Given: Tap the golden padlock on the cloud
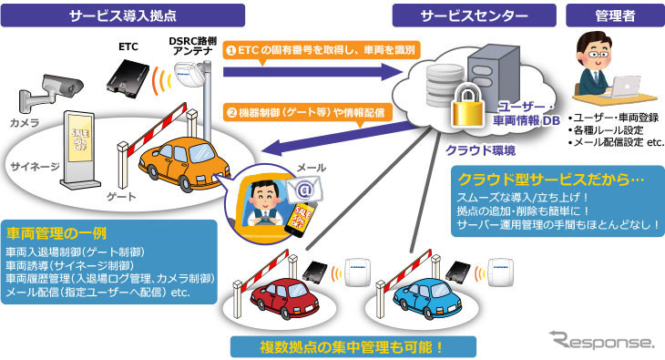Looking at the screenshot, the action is coord(468,105).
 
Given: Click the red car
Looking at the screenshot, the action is coord(284,299).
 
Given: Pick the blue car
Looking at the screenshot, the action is coord(427,299).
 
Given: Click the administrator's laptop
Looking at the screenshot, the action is coord(622,87).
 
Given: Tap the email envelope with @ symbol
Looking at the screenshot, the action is coord(304,189).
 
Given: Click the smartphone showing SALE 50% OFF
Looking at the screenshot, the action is coord(301,218).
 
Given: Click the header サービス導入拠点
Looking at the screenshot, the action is coord(123,15).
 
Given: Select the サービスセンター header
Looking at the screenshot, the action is coord(474,15).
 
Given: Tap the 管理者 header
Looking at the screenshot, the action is coord(616,15).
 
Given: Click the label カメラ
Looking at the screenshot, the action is coord(25,123).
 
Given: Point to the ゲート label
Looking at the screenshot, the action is coord(121,197).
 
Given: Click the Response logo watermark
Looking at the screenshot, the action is coord(602,340).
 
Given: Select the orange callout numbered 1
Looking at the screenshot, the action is coord(322,51).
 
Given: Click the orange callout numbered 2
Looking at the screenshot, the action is coord(308,113).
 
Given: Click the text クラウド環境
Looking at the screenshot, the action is coord(480,150).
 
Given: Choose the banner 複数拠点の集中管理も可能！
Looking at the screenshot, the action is coord(353,347).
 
